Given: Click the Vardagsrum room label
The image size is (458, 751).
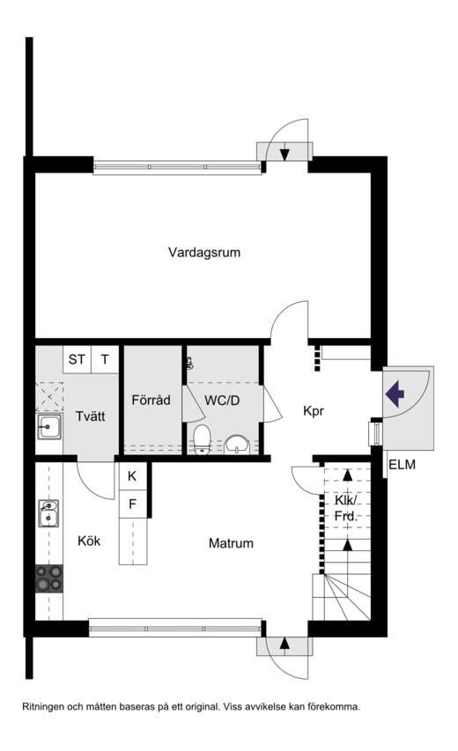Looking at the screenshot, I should (204, 253).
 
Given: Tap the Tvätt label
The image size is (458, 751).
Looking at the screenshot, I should (91, 416).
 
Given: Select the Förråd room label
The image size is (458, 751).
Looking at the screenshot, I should (150, 399).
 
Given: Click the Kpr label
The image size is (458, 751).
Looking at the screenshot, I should (314, 410).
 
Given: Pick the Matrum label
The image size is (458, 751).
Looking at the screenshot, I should (231, 543).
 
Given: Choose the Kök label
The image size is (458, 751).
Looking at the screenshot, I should (89, 541).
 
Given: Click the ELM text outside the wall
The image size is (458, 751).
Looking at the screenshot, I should (401, 465).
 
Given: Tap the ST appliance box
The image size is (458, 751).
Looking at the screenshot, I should (78, 359).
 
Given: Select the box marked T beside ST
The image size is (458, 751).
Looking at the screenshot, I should (105, 359).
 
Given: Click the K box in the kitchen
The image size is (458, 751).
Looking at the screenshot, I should (132, 476).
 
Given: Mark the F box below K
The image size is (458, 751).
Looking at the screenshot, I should (132, 504).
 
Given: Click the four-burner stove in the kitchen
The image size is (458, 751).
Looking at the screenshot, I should (49, 578).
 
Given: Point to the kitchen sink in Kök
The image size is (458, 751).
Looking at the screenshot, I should (48, 512).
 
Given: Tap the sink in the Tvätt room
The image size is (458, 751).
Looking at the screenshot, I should (48, 428).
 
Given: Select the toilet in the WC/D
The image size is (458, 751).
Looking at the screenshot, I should (202, 438).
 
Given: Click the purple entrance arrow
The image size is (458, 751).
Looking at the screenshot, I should (395, 392).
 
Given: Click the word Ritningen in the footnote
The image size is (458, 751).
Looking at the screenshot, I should (45, 706).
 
